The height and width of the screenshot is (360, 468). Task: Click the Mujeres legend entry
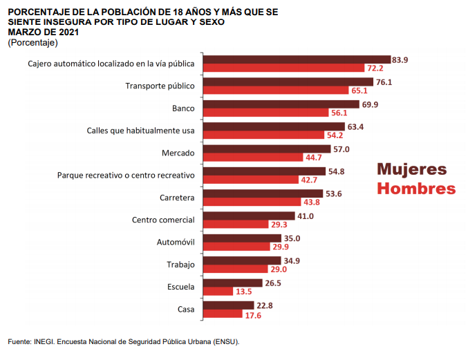(411, 169)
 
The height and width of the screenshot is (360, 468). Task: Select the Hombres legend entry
(415, 189)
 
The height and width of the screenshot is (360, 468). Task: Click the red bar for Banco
(268, 113)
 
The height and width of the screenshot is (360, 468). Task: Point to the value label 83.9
(400, 60)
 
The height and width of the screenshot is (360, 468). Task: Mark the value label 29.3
(279, 225)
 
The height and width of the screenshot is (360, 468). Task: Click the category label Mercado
(178, 153)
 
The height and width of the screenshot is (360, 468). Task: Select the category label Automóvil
(176, 242)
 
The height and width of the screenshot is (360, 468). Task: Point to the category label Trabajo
(180, 265)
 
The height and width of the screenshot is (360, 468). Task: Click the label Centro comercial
(163, 220)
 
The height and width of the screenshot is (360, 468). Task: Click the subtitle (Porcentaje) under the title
(32, 42)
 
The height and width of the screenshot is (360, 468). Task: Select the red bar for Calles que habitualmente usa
(265, 135)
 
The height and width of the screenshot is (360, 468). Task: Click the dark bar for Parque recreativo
(265, 171)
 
